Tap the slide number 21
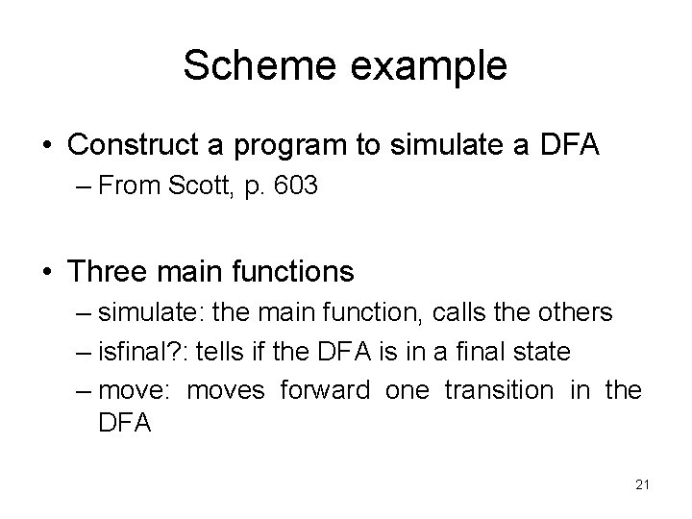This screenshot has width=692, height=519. (x=642, y=484)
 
